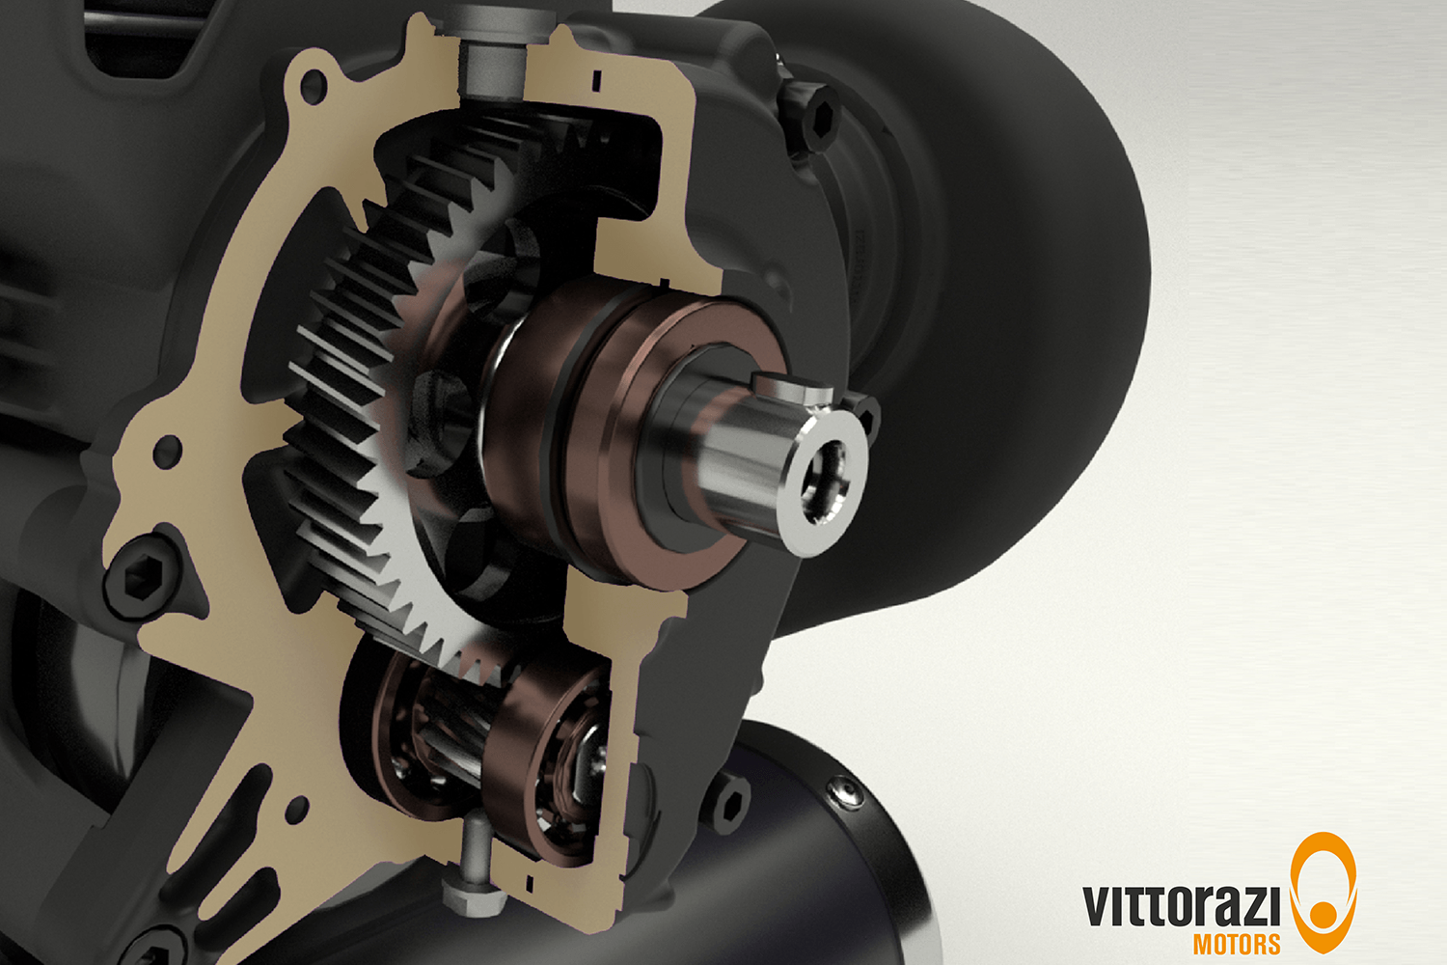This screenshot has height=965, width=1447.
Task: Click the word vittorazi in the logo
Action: tap(1181, 905)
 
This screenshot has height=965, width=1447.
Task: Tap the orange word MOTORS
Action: tap(1237, 943)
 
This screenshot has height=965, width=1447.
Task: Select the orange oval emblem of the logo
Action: tap(1324, 892)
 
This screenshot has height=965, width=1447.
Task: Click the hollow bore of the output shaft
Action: tap(825, 480)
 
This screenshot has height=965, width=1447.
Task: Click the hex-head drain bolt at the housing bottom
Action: tap(474, 893)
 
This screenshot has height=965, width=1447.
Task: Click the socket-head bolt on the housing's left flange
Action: tap(142, 576)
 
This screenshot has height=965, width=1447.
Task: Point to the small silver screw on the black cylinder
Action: tap(847, 790)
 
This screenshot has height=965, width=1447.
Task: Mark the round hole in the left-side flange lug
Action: tap(168, 451)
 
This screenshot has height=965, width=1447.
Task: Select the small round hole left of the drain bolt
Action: tap(298, 809)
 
